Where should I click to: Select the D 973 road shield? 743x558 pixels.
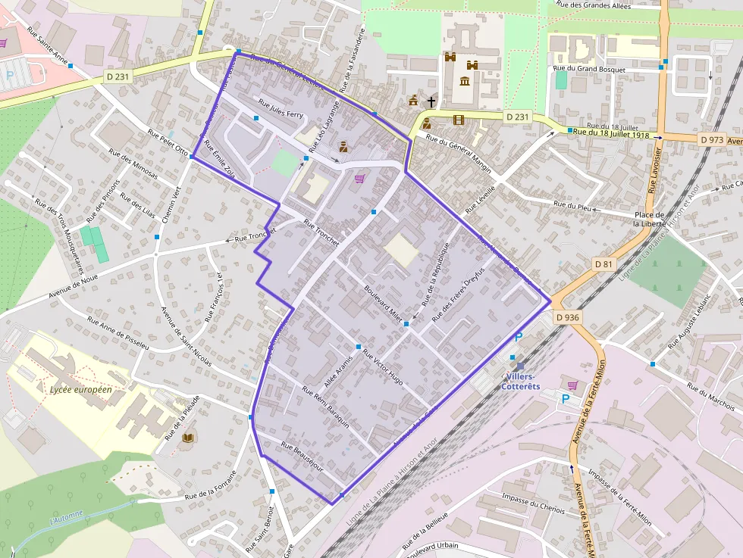[712, 139]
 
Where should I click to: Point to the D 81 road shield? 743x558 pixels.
[603, 263]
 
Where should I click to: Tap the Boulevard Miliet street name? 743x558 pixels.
[383, 303]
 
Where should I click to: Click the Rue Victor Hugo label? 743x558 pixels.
[382, 366]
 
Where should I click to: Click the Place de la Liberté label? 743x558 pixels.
[650, 219]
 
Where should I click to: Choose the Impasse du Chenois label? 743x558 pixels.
[534, 503]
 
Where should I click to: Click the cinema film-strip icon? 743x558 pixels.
[458, 119]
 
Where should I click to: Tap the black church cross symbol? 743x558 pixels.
[431, 101]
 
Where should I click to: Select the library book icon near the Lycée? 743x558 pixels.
[189, 438]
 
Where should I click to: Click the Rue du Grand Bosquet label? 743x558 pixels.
[591, 70]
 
